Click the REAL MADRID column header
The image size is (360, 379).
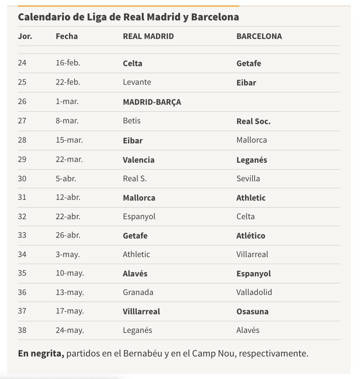coord(148,36)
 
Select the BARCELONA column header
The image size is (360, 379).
coord(259,36)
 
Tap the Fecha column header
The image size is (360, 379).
coord(66,36)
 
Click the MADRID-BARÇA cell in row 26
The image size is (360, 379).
coord(152,102)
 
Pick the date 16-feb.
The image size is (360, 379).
coord(68,63)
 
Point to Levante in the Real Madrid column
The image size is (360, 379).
coord(137,82)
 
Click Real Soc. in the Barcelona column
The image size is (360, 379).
coord(253,121)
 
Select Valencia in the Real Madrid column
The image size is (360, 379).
coord(139,159)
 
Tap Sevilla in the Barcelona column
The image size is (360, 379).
coord(248,178)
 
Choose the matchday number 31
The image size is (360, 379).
coord(22,197)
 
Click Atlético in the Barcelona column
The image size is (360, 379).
coord(251,236)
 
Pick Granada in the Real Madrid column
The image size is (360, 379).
coord(138,292)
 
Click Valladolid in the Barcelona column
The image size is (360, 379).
coord(254,292)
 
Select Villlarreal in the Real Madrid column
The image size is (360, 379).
coord(141,311)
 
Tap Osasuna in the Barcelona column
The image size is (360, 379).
coord(252,311)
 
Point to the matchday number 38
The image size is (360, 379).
coord(22,330)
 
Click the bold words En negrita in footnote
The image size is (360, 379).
coord(41,354)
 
